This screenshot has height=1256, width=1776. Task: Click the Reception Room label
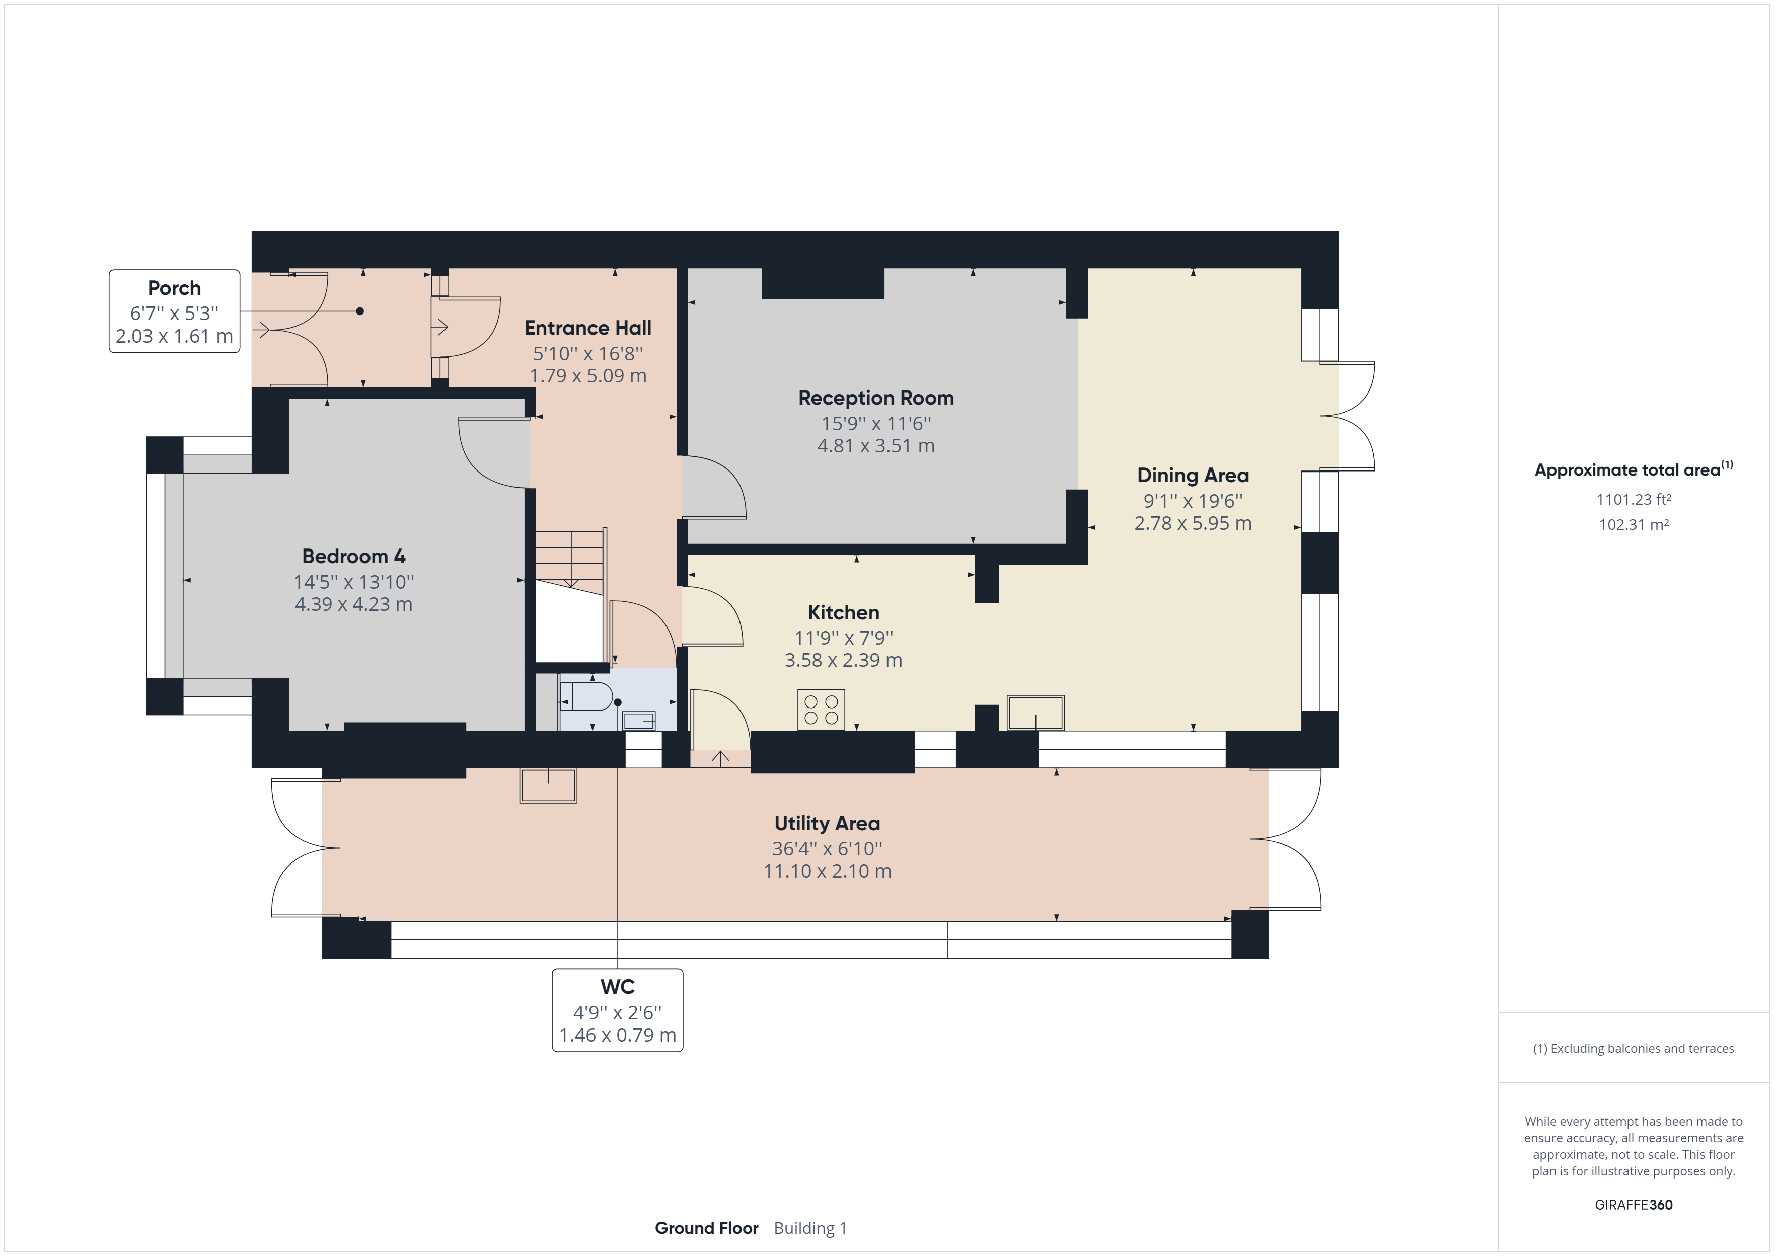tap(875, 398)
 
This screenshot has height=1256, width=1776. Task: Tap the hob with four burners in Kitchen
tap(821, 709)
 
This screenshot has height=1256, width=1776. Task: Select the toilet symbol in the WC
tap(585, 696)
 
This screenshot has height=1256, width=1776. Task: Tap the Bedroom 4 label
tap(353, 556)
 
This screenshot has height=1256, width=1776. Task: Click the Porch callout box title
tap(174, 288)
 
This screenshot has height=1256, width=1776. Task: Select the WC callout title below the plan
tap(617, 987)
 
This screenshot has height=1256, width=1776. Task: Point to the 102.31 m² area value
tap(1633, 524)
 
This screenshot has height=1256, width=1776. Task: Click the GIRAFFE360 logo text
tap(1633, 1204)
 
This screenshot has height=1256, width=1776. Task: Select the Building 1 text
tap(810, 1228)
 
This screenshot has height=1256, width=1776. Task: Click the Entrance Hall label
tap(588, 328)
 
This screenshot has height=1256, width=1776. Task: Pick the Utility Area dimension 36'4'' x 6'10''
tap(827, 848)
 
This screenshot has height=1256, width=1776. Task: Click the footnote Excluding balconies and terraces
tap(1633, 1049)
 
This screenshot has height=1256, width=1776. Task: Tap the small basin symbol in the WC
tap(639, 721)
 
